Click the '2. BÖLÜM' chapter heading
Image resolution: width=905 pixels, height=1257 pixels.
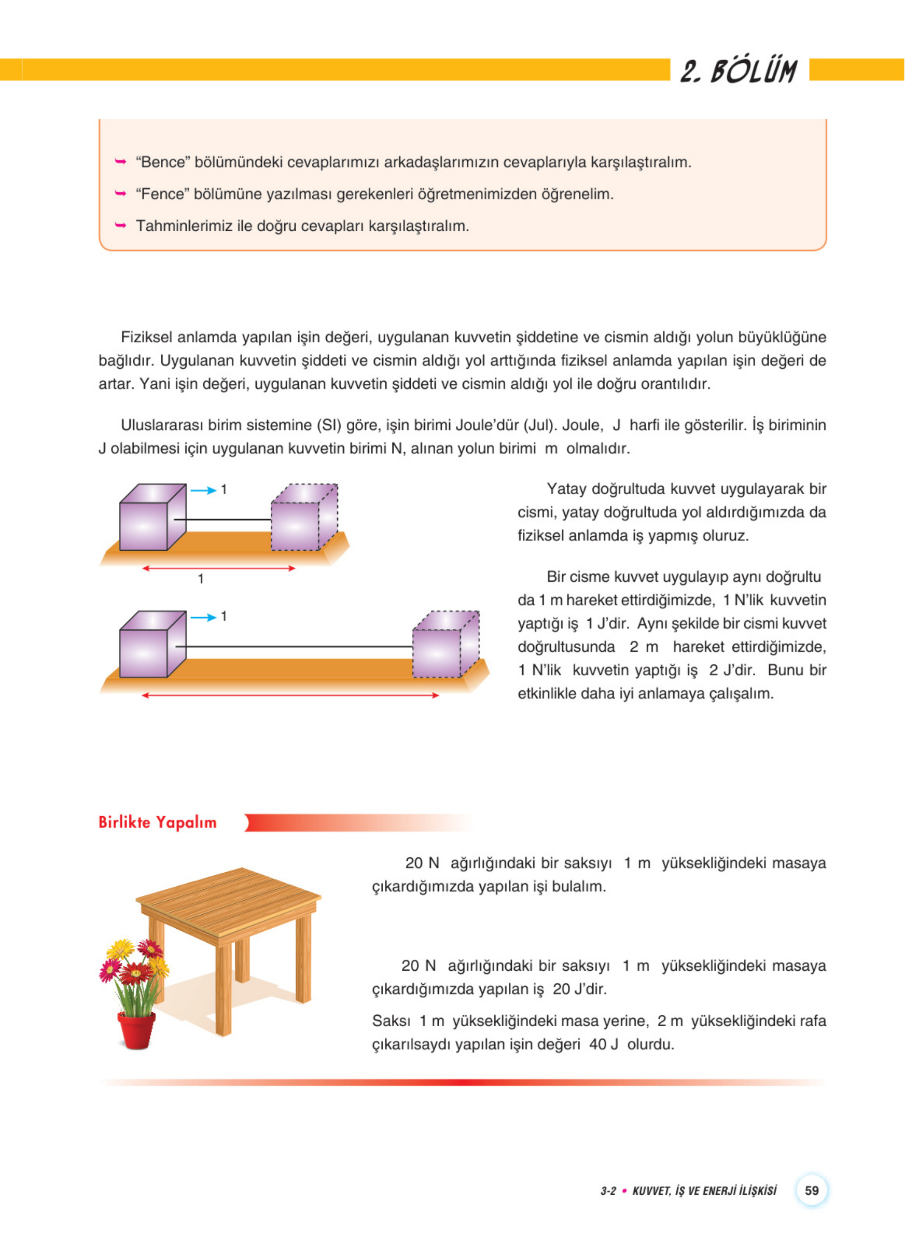739,72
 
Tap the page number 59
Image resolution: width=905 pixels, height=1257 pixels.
811,1190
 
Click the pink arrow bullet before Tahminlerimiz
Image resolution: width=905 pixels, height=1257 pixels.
120,225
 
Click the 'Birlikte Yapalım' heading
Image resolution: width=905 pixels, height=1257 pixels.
157,822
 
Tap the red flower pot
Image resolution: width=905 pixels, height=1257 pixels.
136,1030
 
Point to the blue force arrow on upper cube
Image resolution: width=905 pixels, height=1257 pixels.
203,490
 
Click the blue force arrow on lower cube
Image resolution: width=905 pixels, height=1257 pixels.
203,618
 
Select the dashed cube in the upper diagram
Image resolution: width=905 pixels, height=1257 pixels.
304,518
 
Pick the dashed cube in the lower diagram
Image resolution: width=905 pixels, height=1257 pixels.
445,645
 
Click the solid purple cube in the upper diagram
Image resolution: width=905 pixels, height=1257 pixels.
151,518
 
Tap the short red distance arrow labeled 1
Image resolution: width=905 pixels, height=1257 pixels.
219,568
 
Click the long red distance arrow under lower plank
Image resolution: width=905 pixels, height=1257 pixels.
290,695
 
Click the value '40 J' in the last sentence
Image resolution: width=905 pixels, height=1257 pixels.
604,1044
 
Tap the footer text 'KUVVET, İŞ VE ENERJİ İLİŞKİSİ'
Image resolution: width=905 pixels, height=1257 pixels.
704,1191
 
